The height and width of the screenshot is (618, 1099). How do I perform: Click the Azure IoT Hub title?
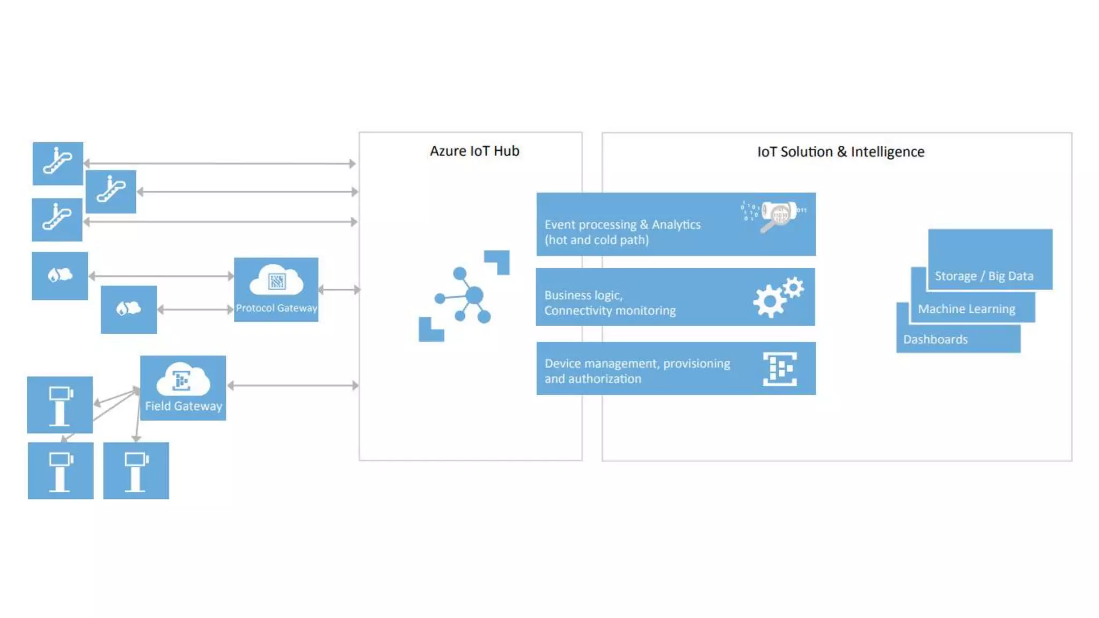click(x=474, y=151)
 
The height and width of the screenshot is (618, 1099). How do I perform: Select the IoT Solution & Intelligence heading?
click(x=840, y=152)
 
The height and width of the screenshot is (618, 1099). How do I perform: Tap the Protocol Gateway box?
click(x=276, y=290)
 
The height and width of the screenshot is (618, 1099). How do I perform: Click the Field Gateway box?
click(x=183, y=388)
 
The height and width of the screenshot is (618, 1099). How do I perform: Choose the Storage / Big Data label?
click(x=984, y=276)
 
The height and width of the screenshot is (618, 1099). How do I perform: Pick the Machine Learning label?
click(x=966, y=309)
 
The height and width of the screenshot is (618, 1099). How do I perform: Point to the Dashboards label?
click(x=935, y=340)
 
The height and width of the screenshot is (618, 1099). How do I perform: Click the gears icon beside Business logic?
click(x=778, y=297)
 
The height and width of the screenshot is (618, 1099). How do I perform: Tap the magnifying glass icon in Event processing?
click(x=775, y=216)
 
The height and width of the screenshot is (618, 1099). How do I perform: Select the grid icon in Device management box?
click(x=780, y=369)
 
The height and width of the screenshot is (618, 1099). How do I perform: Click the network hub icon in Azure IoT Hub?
click(x=464, y=296)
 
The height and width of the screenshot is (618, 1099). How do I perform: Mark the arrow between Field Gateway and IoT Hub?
click(x=293, y=385)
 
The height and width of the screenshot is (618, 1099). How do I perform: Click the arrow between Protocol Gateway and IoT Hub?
click(x=339, y=290)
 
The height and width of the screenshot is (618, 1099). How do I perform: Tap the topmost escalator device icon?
click(x=57, y=163)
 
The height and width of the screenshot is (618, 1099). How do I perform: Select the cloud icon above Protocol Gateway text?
click(x=276, y=280)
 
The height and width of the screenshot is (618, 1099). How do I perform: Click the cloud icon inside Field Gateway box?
click(x=182, y=379)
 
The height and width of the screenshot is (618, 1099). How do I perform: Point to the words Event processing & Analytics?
click(x=622, y=225)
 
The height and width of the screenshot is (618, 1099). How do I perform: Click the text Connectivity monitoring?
click(x=610, y=311)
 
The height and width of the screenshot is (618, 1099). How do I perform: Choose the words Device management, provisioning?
click(x=637, y=364)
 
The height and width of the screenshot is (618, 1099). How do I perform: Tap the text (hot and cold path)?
click(x=596, y=240)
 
